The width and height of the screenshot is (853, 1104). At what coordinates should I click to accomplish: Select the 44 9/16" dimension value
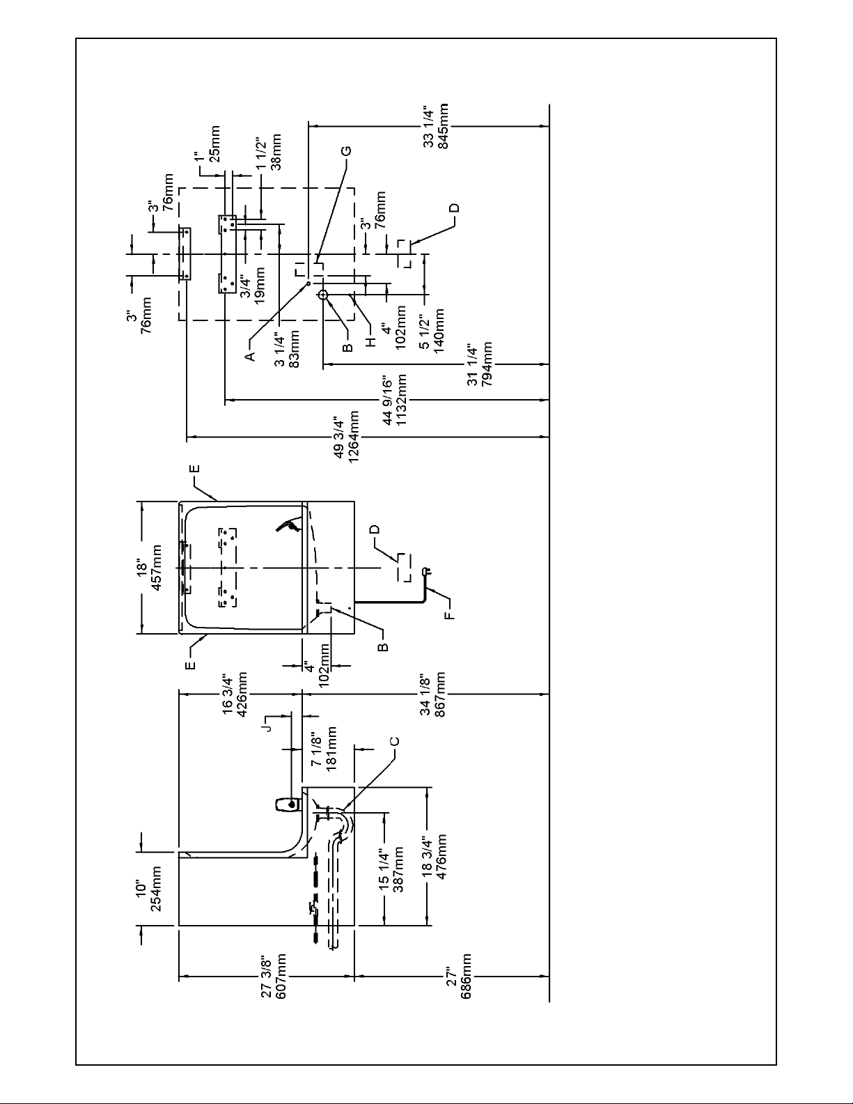[387, 401]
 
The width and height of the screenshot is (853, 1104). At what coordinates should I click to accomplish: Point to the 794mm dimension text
[487, 364]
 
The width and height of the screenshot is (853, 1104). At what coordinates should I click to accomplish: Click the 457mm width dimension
[157, 568]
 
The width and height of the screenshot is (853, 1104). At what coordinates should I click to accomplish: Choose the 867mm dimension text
[440, 694]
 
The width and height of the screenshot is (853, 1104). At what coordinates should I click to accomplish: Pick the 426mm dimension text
[242, 694]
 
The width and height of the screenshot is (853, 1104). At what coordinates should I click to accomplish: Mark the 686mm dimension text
[466, 976]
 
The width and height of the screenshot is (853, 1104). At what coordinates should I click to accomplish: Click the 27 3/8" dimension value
[267, 976]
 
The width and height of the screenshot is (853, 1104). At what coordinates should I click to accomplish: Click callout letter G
[346, 151]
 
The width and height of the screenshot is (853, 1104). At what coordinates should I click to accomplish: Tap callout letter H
[371, 342]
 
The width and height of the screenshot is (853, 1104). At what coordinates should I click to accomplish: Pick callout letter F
[450, 616]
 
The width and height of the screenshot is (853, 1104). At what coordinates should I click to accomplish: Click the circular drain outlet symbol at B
[323, 295]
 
